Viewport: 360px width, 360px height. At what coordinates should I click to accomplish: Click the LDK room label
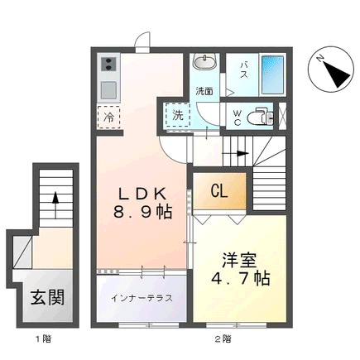[142, 194]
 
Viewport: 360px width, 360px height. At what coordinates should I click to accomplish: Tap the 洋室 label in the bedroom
[239, 260]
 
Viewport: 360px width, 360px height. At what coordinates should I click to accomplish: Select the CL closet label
[219, 190]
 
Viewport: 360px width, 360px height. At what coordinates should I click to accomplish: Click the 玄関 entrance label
[47, 297]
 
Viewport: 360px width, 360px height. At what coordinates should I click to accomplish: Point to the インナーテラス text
[142, 298]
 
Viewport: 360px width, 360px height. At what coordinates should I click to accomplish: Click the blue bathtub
[272, 75]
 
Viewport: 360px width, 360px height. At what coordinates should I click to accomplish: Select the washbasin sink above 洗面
[204, 61]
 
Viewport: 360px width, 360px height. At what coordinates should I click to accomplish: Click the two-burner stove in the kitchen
[108, 65]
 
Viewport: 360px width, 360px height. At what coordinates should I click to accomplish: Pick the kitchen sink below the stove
[108, 90]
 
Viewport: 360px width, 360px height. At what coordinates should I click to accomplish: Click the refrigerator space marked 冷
[108, 118]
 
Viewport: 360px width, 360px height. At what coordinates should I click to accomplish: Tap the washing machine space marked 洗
[178, 115]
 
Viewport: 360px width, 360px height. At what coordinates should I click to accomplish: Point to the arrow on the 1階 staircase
[55, 204]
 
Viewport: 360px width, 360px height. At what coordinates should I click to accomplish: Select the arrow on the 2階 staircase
[235, 153]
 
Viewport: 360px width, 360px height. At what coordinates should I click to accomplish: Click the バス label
[243, 70]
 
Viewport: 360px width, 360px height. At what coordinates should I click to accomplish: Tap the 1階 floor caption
[43, 338]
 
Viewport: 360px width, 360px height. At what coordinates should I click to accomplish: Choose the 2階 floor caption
[223, 338]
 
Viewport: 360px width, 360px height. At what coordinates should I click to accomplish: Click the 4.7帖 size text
[240, 278]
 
